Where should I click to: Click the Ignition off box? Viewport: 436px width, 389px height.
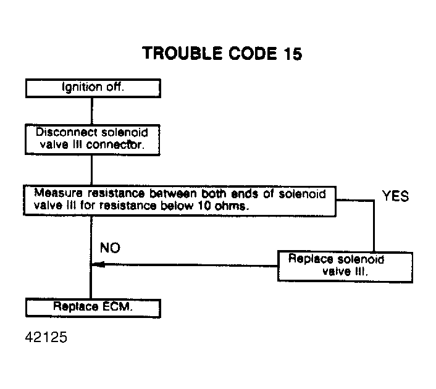pos(93,88)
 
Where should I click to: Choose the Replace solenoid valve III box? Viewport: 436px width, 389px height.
pos(345,266)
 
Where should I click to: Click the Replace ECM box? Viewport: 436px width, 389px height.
pos(93,307)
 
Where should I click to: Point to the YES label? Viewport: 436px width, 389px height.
pos(395,196)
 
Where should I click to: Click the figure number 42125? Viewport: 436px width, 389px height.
pos(46,338)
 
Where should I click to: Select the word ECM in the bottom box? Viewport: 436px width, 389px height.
pos(117,307)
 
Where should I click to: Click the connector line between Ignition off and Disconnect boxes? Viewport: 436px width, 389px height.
pos(91,111)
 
